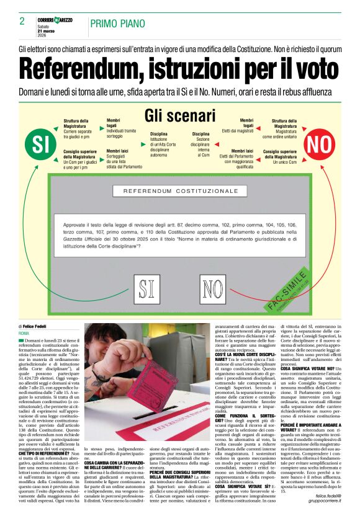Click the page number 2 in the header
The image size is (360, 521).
point(22,21)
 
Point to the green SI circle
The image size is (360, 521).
point(40,144)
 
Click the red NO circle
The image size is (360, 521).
point(320,144)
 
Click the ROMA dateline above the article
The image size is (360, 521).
point(24,333)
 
